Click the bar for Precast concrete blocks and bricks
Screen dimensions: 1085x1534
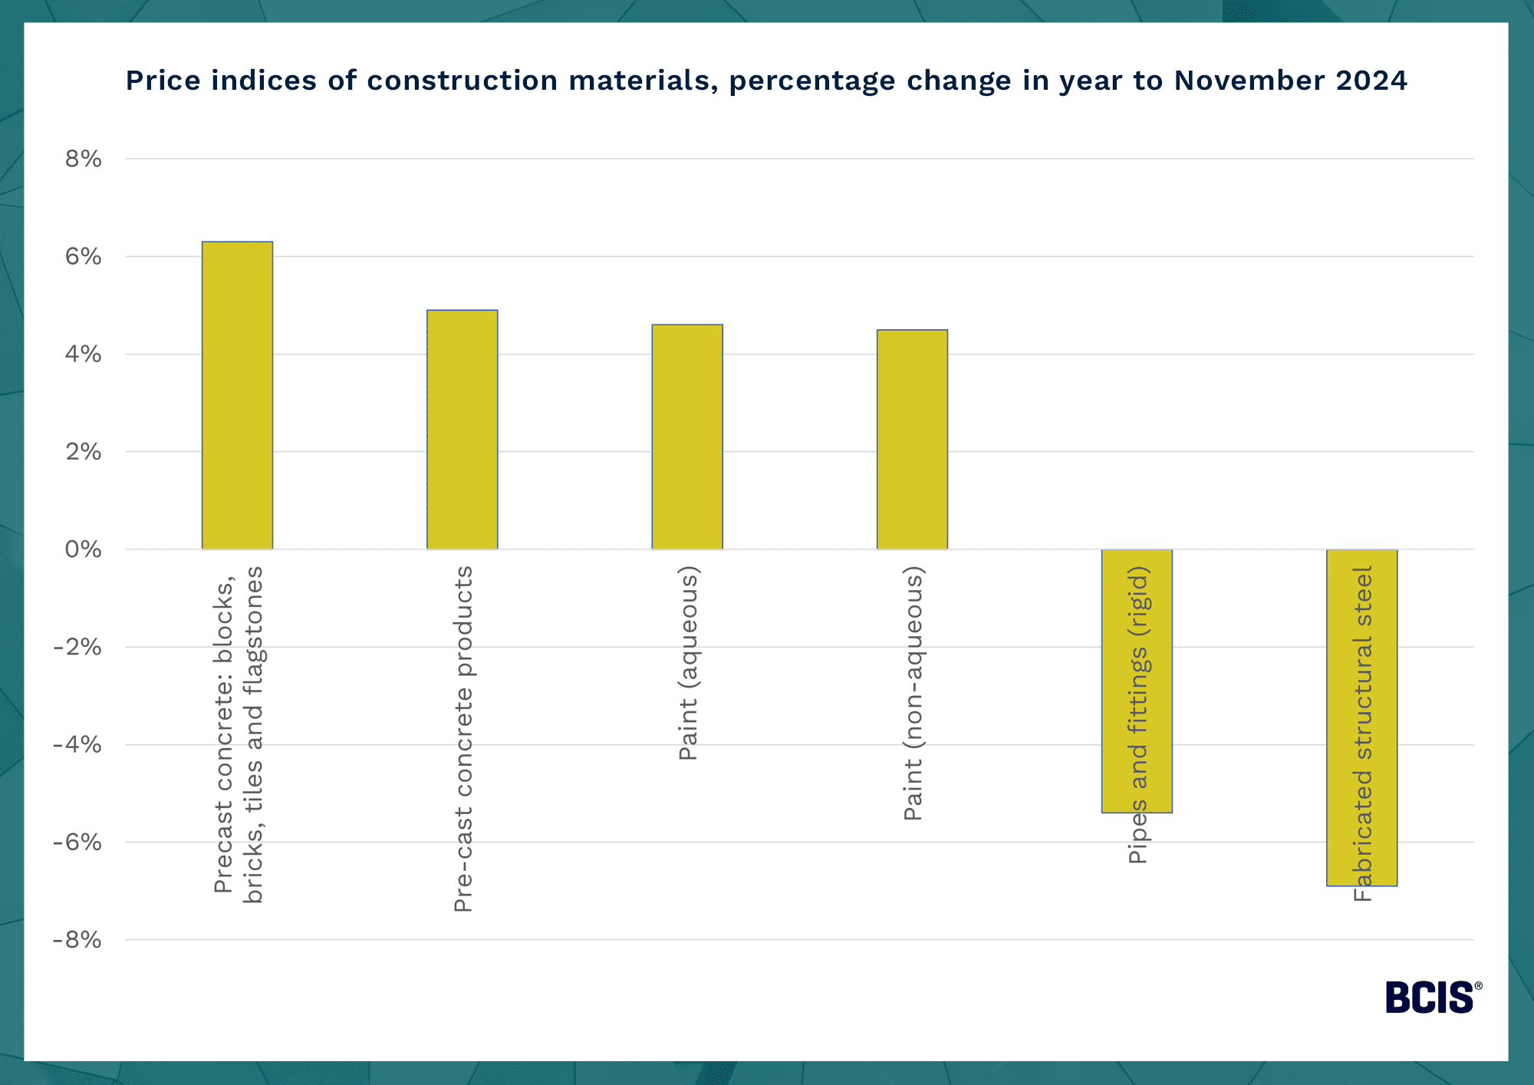click(x=237, y=395)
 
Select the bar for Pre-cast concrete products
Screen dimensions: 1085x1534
click(x=462, y=430)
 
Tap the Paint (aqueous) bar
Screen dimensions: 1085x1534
click(x=686, y=437)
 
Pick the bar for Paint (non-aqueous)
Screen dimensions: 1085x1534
click(x=912, y=439)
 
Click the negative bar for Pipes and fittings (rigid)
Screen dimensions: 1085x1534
click(x=1137, y=681)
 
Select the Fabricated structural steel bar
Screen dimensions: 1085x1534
click(x=1361, y=717)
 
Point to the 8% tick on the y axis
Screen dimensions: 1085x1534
click(x=83, y=159)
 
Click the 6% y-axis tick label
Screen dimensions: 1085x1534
click(x=83, y=256)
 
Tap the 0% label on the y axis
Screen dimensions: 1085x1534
click(x=83, y=549)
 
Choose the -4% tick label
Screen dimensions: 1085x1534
click(x=77, y=744)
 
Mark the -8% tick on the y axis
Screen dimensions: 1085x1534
click(x=77, y=940)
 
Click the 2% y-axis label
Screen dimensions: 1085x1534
click(x=83, y=451)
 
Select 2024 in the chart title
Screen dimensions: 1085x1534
click(x=1371, y=81)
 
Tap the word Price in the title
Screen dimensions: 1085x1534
click(x=162, y=81)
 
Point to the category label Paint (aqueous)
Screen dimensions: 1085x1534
click(x=688, y=663)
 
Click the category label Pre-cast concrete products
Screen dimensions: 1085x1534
click(x=463, y=739)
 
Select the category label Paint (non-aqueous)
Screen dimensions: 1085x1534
click(x=913, y=693)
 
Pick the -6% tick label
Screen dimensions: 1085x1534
click(x=77, y=843)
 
